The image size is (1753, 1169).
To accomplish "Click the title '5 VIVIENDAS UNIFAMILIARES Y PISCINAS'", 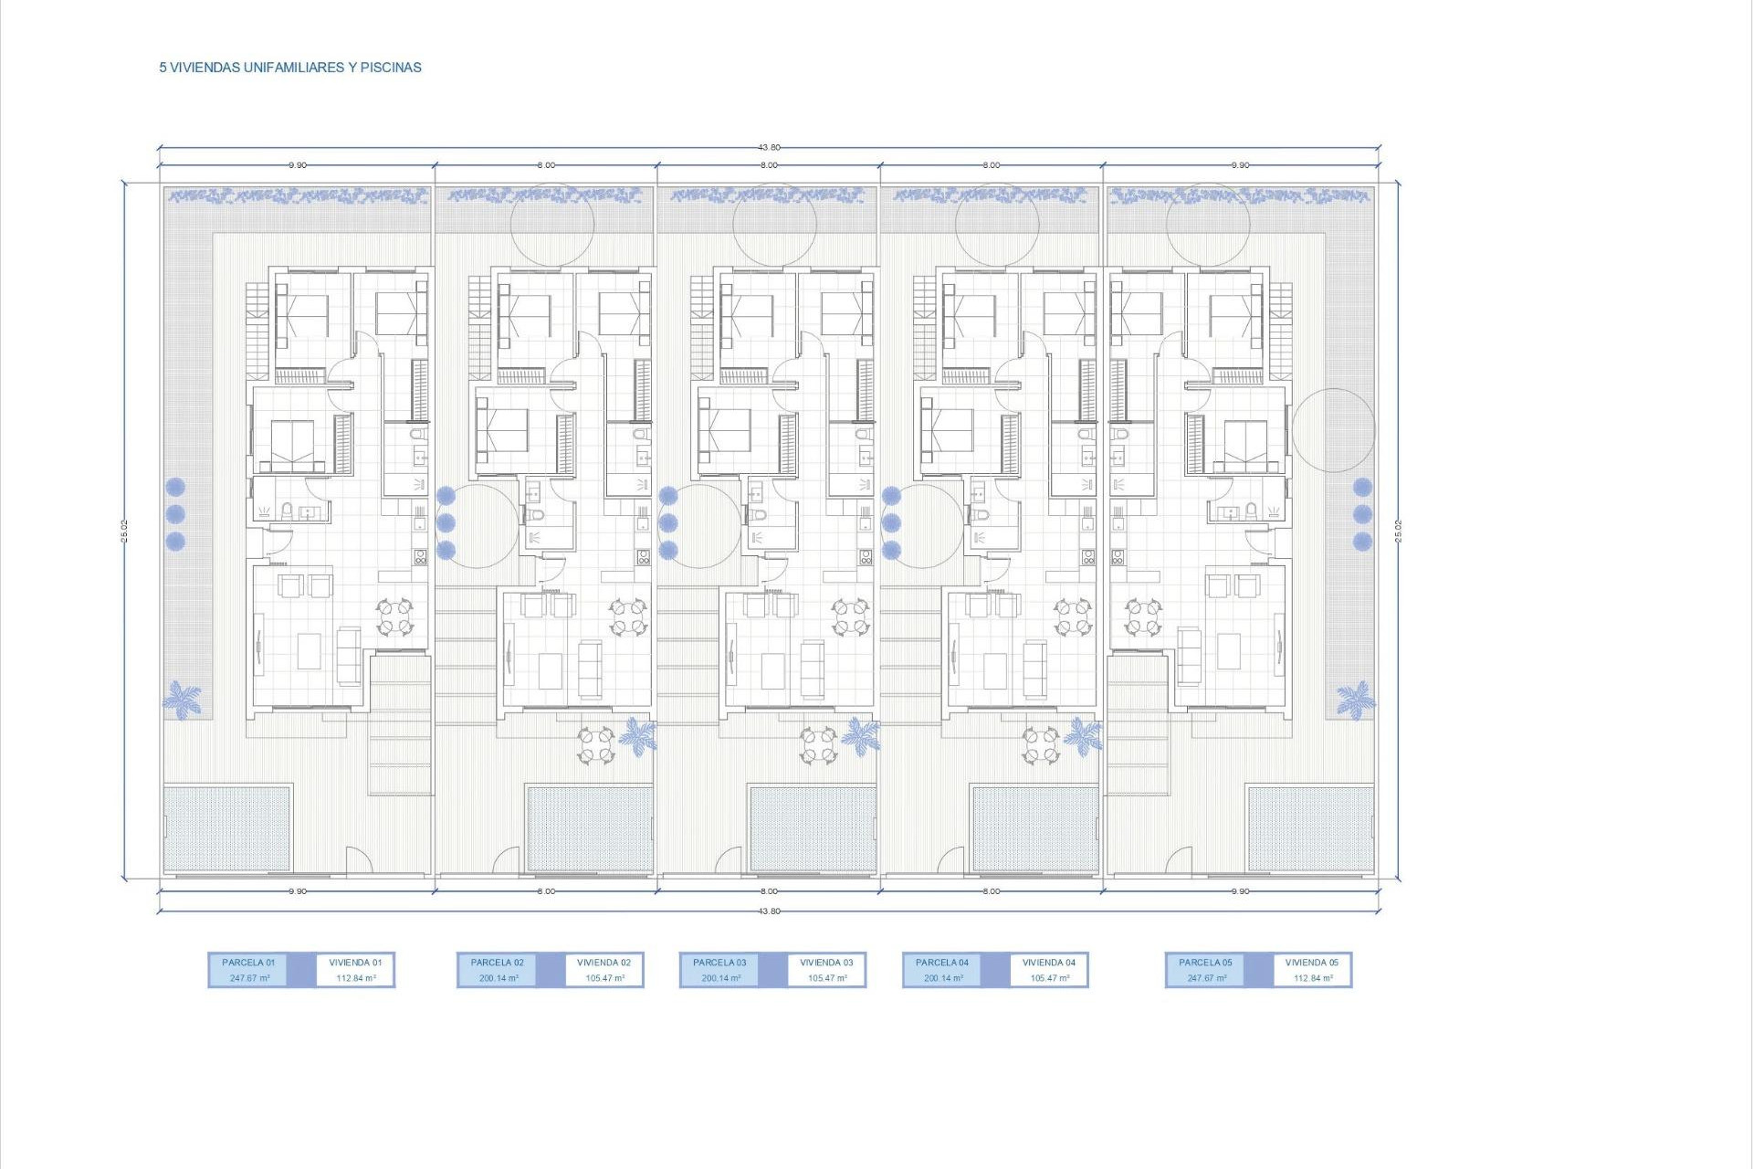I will [x=290, y=68].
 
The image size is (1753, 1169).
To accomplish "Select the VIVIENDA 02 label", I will [x=604, y=963].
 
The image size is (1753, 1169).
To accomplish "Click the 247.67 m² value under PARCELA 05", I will [x=1205, y=978].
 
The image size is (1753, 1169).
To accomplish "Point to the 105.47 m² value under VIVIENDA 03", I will [x=827, y=978].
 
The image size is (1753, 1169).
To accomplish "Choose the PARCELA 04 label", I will [x=942, y=963].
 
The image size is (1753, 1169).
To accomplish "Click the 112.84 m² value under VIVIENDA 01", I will [x=356, y=978].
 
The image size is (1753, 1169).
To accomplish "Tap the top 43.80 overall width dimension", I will [x=769, y=147].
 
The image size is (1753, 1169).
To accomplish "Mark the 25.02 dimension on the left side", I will [x=124, y=531].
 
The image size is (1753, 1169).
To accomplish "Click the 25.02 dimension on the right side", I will [x=1398, y=531].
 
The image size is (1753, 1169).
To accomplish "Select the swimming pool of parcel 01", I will [x=227, y=828].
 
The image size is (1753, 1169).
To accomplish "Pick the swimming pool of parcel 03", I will [x=812, y=828].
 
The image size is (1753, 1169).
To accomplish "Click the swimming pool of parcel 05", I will [x=1310, y=828].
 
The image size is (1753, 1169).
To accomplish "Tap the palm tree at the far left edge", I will [x=182, y=700].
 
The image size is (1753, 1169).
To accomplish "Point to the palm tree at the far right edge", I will [x=1355, y=700].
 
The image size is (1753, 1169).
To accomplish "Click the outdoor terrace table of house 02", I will [x=595, y=744].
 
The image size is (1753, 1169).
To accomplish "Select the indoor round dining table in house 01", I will [x=395, y=616].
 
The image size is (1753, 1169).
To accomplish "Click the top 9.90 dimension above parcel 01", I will [x=298, y=165].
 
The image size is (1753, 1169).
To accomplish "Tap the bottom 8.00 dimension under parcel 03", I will [x=769, y=891].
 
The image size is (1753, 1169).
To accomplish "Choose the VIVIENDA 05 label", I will [x=1311, y=963].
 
